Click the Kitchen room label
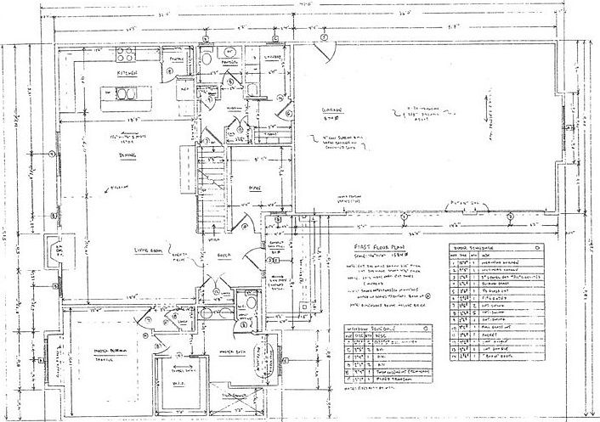click(128, 74)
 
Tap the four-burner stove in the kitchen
click(126, 56)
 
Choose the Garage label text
click(331, 112)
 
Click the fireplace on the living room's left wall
click(53, 255)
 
